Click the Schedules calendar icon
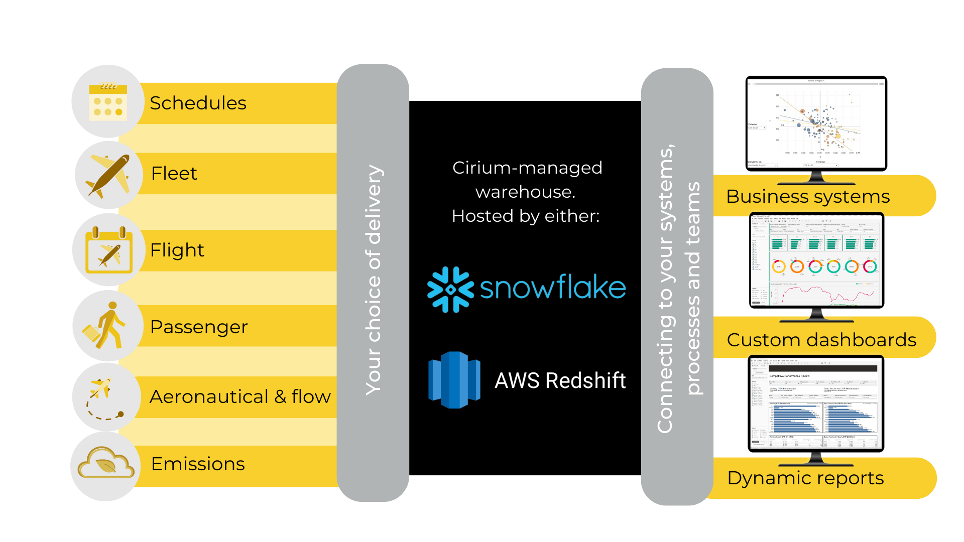click(107, 102)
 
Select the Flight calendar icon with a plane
click(108, 250)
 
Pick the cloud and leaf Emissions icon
click(105, 464)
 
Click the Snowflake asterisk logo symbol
click(450, 290)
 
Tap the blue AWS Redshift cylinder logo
click(454, 380)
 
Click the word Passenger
click(199, 327)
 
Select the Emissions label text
click(198, 464)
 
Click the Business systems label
click(807, 196)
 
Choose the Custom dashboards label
click(821, 340)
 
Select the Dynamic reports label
click(805, 478)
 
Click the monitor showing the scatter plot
click(815, 123)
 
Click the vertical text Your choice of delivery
click(374, 280)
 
